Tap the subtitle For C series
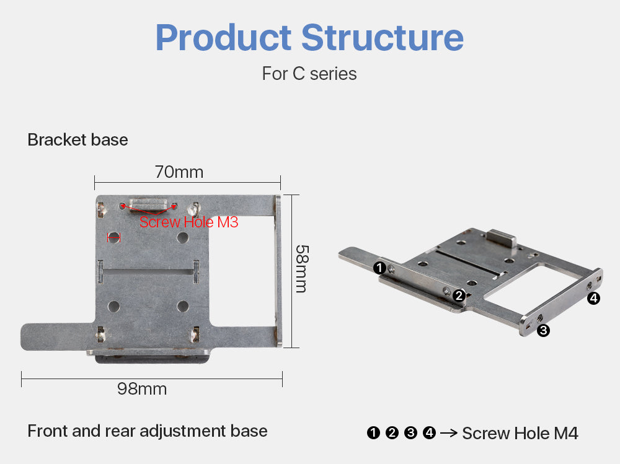tap(309, 74)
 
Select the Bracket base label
tap(77, 140)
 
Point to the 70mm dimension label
tap(179, 172)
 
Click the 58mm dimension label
tap(302, 268)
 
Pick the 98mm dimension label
tap(142, 389)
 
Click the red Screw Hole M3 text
tap(188, 222)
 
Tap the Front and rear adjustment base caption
tap(148, 431)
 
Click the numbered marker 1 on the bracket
tap(380, 268)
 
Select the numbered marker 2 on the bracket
tap(459, 295)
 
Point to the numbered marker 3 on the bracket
tap(543, 330)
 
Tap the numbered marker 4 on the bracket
tap(593, 299)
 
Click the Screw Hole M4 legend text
tap(520, 433)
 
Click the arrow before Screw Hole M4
tap(448, 433)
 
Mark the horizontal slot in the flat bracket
tap(149, 271)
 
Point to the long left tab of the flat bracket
tap(56, 335)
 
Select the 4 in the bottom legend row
tap(429, 433)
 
